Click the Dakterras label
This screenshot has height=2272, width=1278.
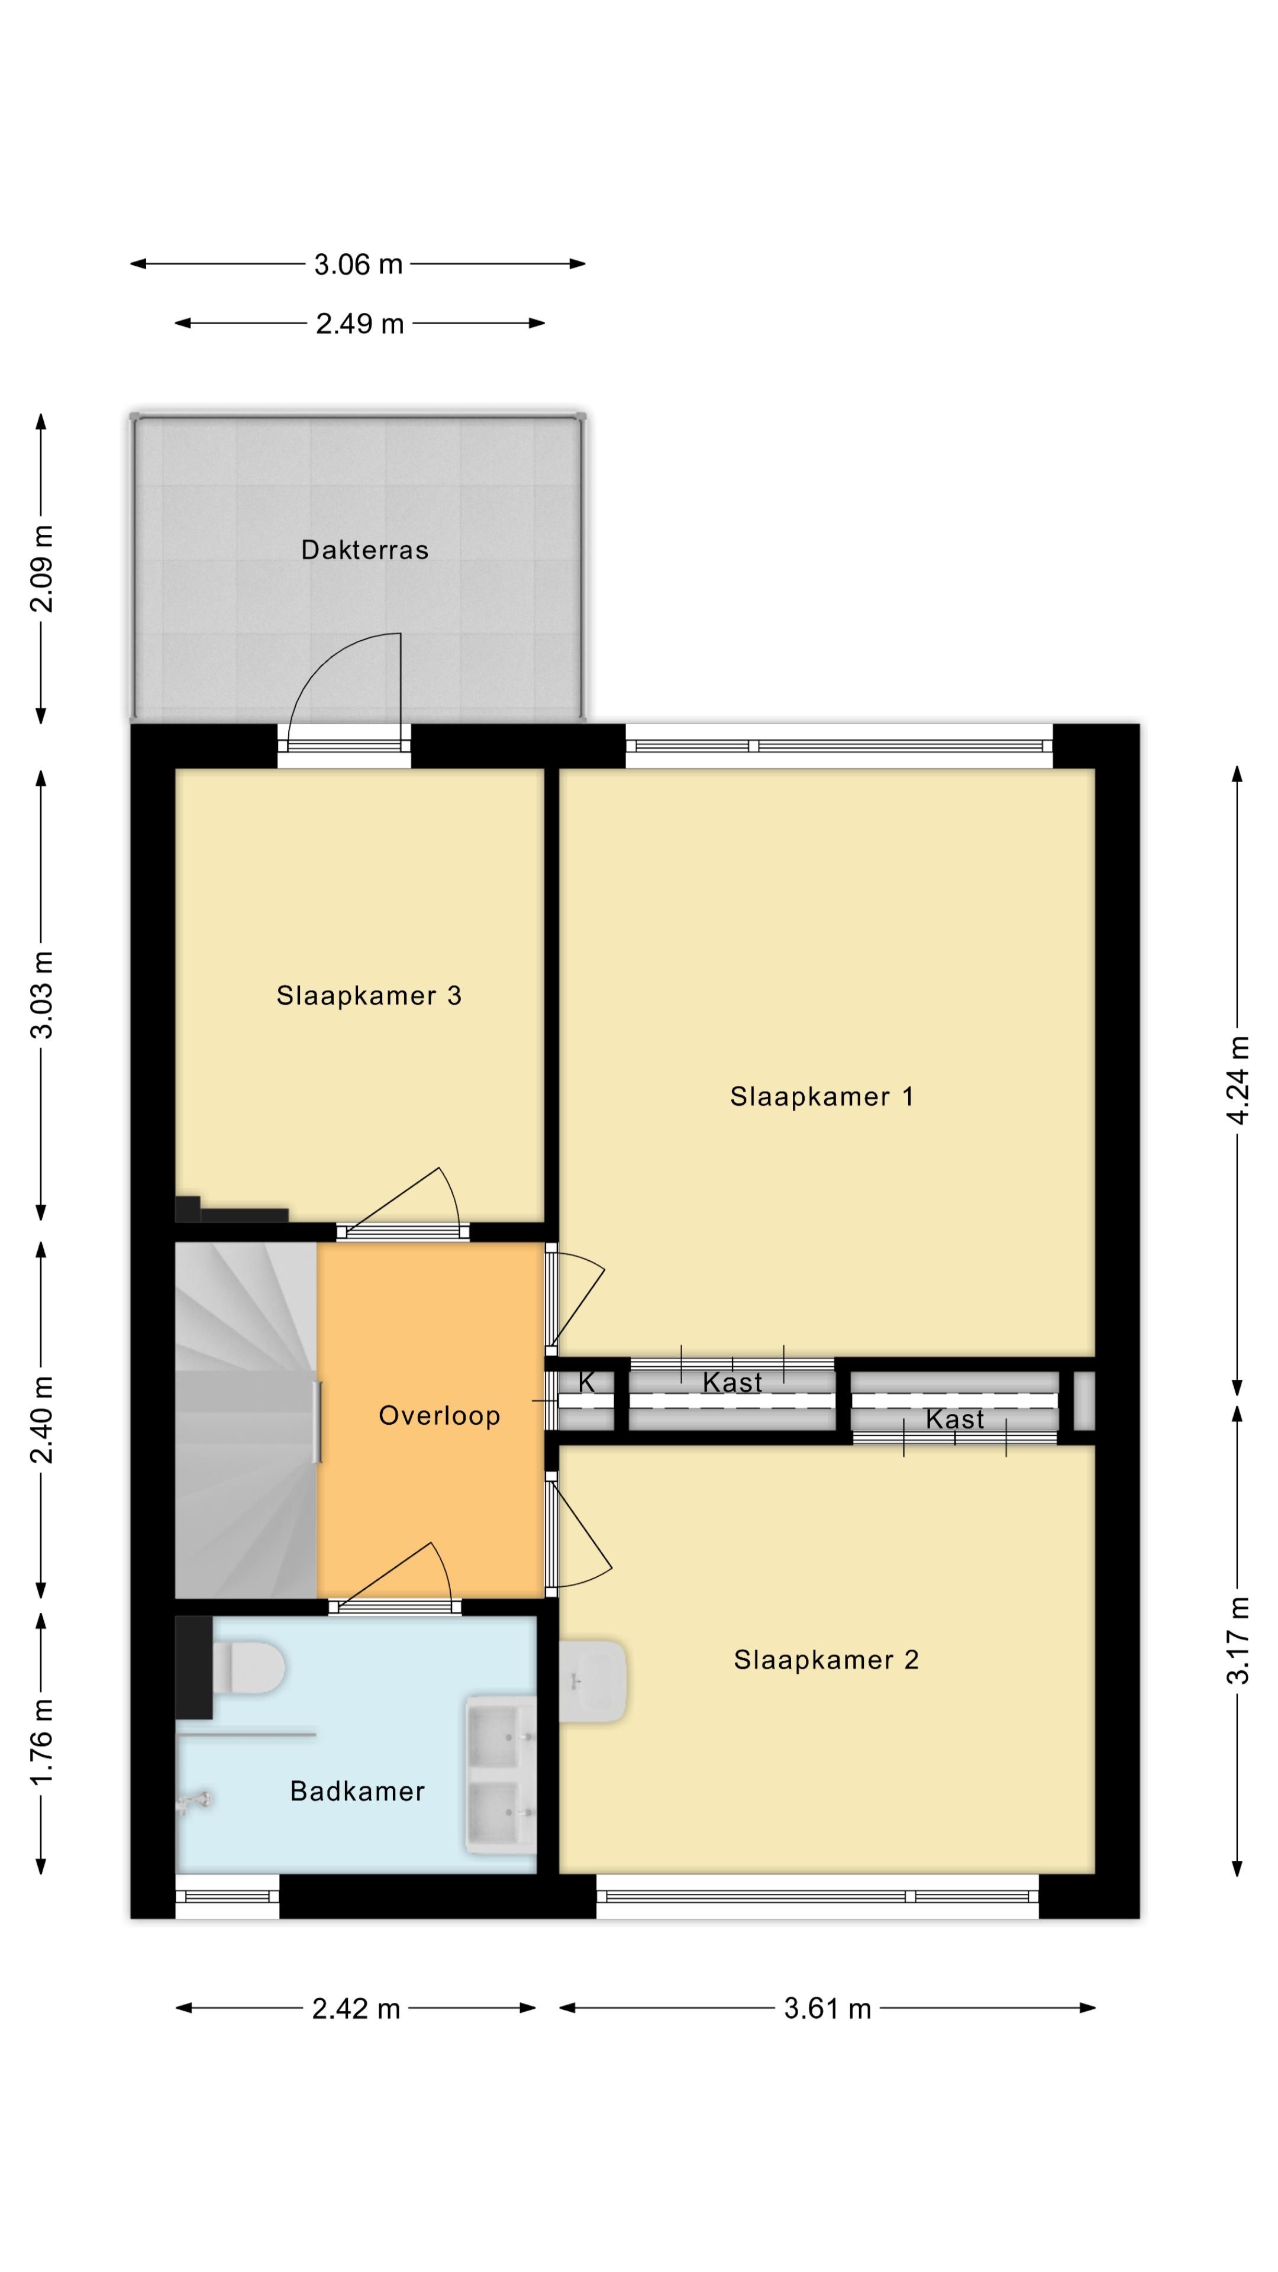(364, 550)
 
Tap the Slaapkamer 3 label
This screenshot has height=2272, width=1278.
(369, 996)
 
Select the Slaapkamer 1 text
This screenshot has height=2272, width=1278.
(821, 1096)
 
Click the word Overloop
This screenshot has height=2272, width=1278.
(439, 1416)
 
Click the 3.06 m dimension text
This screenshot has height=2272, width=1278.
(358, 264)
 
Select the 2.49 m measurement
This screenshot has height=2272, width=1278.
(360, 324)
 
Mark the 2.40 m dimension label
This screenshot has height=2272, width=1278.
(41, 1419)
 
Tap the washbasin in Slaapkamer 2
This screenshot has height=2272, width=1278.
(593, 1680)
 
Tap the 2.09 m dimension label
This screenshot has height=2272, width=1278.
(41, 568)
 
